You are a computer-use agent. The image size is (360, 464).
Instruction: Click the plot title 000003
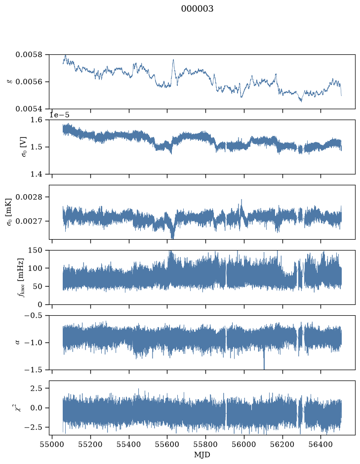coord(197,9)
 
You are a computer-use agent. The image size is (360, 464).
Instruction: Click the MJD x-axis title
coord(202,455)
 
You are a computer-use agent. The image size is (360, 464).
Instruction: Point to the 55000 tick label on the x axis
coord(52,445)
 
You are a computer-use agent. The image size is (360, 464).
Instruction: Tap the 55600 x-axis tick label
coord(167,445)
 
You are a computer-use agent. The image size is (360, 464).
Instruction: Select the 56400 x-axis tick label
coord(321,445)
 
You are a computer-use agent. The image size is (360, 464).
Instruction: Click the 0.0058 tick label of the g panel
coord(29,55)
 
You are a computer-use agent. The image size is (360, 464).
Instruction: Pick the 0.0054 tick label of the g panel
coord(29,109)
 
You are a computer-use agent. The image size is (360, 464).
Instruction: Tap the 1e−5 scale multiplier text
coord(59,115)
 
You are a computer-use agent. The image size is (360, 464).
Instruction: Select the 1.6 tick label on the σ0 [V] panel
coord(37,120)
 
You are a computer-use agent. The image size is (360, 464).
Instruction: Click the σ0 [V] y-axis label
coord(24,147)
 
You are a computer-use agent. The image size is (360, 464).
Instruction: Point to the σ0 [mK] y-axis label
coord(9,212)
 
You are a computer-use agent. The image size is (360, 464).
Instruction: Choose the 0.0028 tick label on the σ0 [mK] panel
coord(29,197)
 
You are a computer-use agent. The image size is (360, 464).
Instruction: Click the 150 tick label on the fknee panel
coord(36,251)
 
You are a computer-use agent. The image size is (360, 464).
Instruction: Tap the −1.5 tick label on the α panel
coord(34,370)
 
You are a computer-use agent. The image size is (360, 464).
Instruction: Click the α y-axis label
coord(17,342)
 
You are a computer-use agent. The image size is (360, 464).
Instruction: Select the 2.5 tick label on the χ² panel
coord(37,388)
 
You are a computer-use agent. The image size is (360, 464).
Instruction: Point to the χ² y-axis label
coord(18,408)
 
